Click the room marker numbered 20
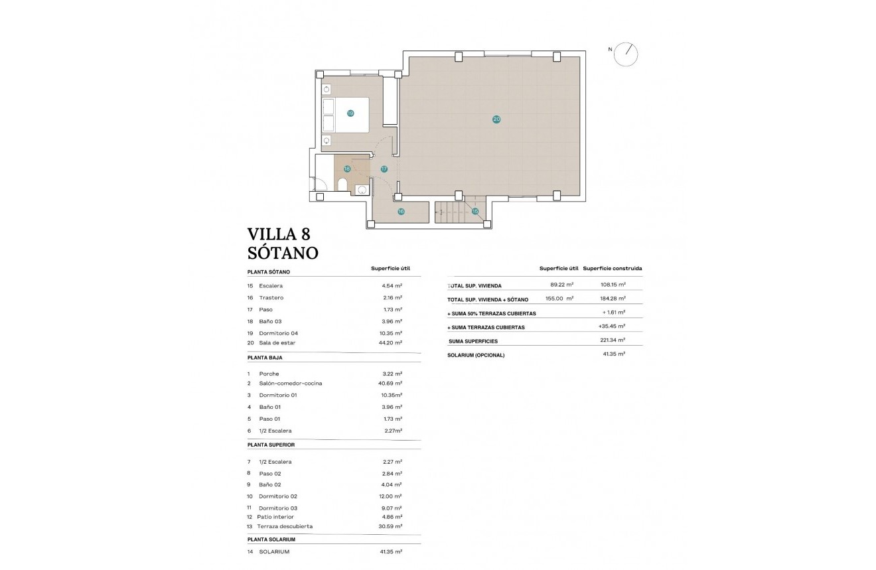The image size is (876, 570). click(x=496, y=119)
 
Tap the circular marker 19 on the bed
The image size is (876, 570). click(x=350, y=113)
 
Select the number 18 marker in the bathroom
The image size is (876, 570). click(x=346, y=169)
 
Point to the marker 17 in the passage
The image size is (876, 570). click(x=384, y=169)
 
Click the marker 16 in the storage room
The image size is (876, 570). click(x=401, y=212)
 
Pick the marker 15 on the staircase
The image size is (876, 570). click(x=475, y=212)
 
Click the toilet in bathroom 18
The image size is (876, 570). click(x=342, y=184)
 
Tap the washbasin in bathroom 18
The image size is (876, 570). click(x=362, y=189)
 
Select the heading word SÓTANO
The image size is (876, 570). click(x=283, y=253)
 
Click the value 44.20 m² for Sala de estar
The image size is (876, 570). click(x=390, y=343)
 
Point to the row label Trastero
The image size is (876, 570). click(x=271, y=298)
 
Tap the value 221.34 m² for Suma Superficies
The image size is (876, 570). click(x=612, y=340)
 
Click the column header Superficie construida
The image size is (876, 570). click(x=612, y=269)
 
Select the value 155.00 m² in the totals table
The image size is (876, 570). click(x=559, y=299)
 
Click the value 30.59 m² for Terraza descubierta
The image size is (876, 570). click(x=390, y=527)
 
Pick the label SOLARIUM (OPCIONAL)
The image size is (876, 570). click(x=476, y=355)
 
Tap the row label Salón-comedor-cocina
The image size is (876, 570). click(x=291, y=384)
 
